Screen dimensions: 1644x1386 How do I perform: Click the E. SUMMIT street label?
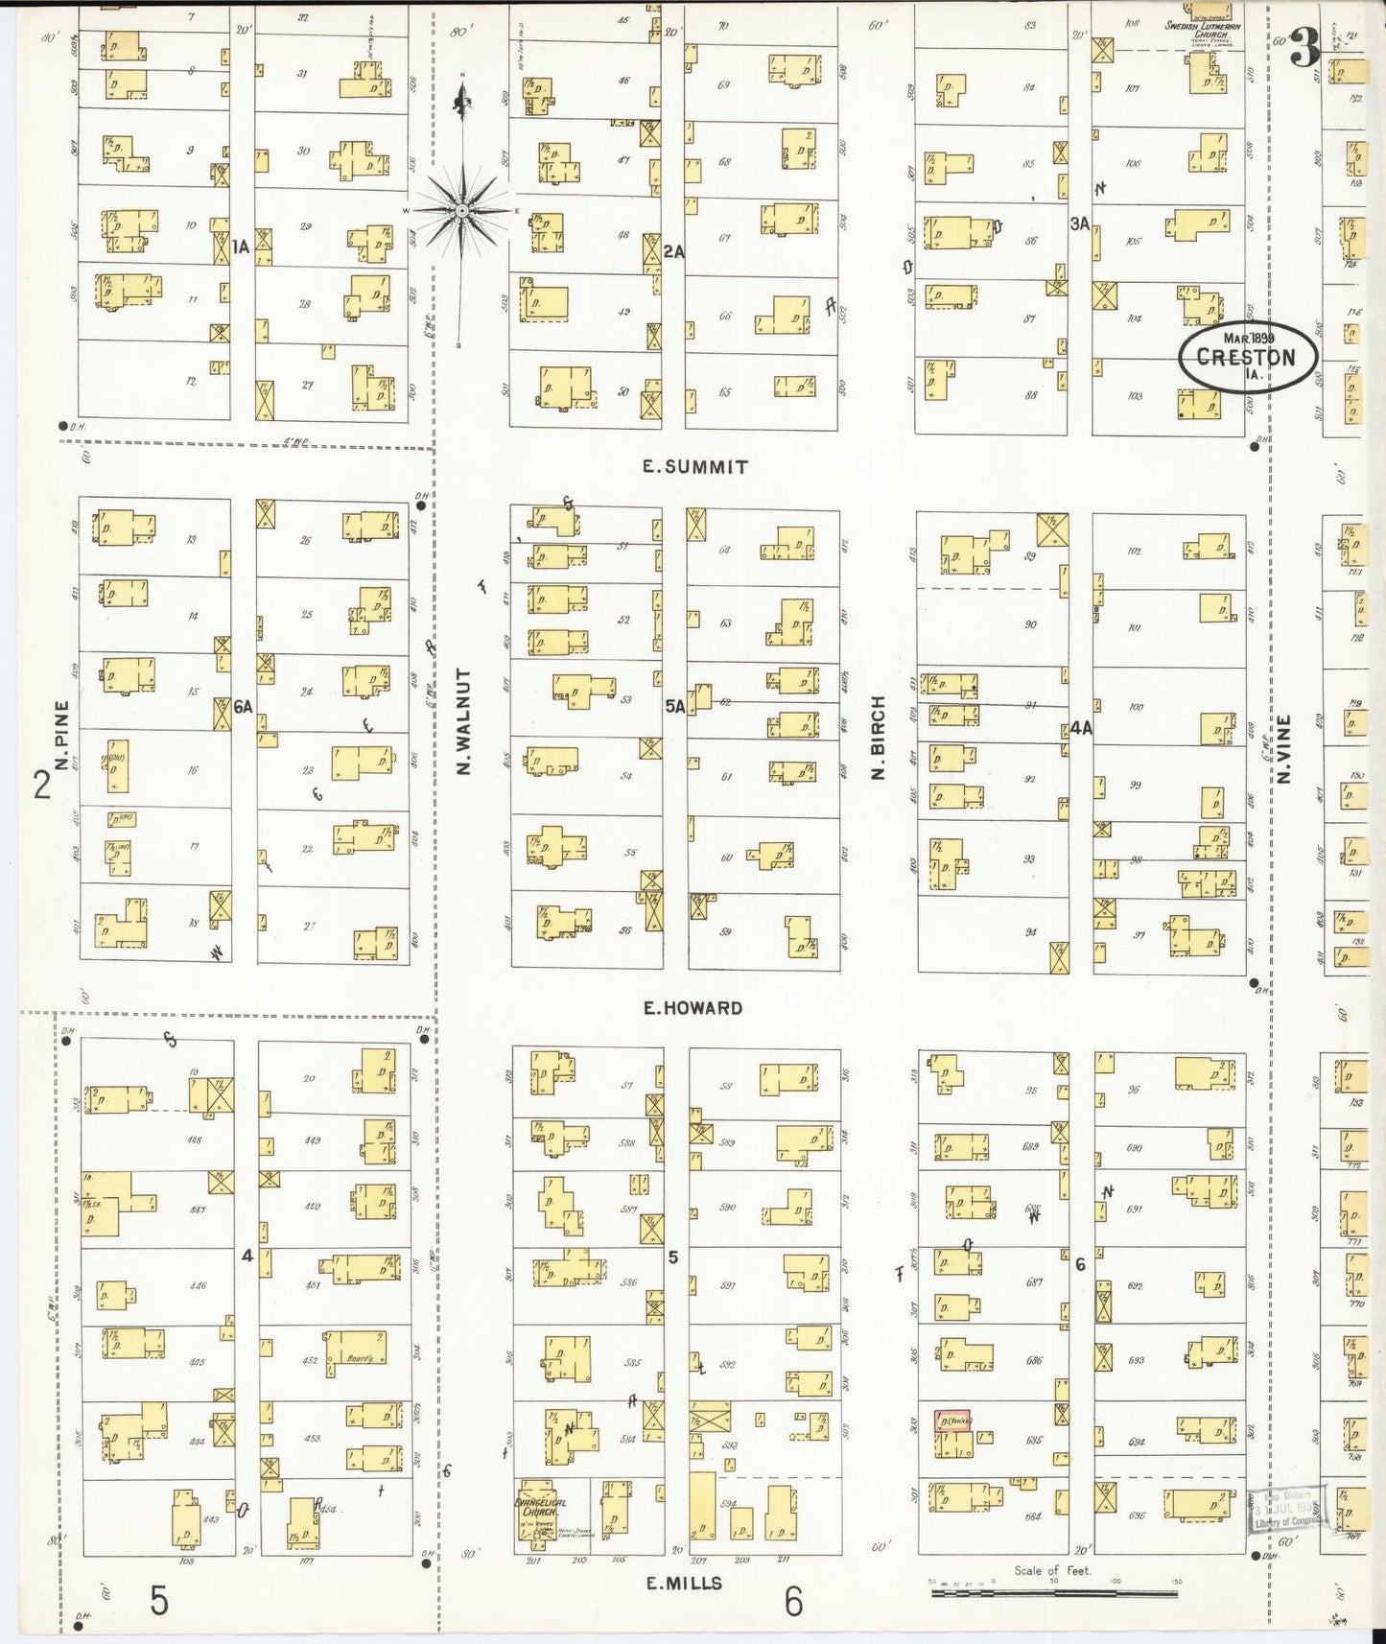click(694, 467)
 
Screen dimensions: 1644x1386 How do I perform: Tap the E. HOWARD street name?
click(693, 1008)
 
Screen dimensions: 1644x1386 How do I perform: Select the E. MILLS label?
click(684, 1583)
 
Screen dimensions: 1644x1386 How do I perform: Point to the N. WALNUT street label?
click(465, 722)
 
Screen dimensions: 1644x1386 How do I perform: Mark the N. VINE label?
click(1284, 748)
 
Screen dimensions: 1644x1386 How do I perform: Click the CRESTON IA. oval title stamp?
click(1247, 358)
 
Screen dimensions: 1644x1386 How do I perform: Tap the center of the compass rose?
click(462, 210)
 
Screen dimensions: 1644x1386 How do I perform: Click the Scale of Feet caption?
click(1053, 1571)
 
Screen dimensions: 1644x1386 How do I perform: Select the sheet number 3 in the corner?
click(1303, 48)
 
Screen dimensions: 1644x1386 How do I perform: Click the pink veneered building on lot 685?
click(952, 1421)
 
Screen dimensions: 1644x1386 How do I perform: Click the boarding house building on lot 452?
click(355, 1349)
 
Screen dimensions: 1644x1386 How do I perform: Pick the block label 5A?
click(675, 707)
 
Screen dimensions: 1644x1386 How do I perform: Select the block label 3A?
click(1080, 223)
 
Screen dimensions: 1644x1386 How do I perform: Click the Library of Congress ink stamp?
click(1285, 1515)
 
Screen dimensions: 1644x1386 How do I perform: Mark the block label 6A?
click(242, 707)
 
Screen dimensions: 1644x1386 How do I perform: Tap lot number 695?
click(1138, 1515)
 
